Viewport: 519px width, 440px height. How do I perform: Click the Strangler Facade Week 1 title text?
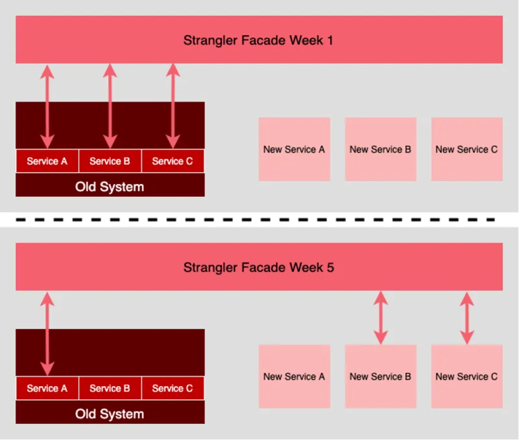[x=258, y=40]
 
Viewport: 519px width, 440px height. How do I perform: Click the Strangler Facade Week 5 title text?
[x=258, y=267]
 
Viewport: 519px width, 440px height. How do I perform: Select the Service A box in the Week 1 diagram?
[x=47, y=161]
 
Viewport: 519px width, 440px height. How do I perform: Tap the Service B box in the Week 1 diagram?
[x=110, y=161]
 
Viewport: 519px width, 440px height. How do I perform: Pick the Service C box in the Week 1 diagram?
[x=173, y=161]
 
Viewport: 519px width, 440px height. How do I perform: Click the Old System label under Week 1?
[x=110, y=187]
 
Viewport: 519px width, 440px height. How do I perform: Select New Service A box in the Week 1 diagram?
[x=294, y=149]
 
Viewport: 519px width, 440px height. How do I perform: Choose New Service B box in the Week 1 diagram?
[x=380, y=149]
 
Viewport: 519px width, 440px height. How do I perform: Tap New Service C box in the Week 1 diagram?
[x=466, y=149]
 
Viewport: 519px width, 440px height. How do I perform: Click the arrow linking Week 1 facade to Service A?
[x=47, y=107]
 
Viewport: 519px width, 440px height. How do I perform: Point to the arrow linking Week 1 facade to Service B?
[x=110, y=107]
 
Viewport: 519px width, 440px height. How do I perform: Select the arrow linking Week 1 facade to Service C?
[x=173, y=107]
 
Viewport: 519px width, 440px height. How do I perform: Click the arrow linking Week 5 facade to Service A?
[x=47, y=334]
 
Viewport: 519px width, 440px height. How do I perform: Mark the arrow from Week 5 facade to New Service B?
[x=380, y=318]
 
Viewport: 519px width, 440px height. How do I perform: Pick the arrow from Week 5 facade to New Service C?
[x=466, y=318]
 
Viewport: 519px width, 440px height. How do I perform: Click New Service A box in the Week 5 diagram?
[x=294, y=376]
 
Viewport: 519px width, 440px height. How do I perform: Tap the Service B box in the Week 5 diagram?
[x=110, y=388]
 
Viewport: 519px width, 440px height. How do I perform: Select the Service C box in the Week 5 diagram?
[x=173, y=388]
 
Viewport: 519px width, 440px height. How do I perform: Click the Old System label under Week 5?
[x=110, y=414]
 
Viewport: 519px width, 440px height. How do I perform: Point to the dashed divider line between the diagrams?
[x=259, y=220]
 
